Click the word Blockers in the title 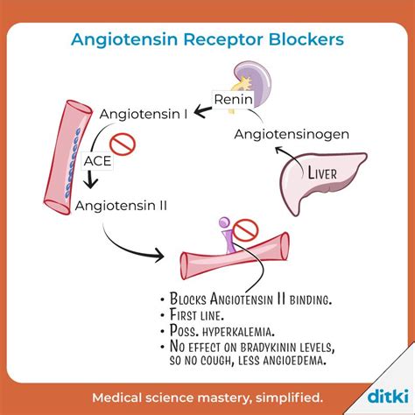coord(306,39)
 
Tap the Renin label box coord(233,100)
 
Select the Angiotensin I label coord(144,114)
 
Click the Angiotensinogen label coord(292,135)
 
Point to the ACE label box coord(97,161)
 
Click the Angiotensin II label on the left coord(121,206)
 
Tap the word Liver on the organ coord(322,172)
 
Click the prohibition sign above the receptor coord(246,230)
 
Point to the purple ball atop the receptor coord(225,222)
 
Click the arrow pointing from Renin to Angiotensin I coord(203,111)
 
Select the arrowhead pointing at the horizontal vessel coord(159,255)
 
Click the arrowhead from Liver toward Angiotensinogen coord(279,151)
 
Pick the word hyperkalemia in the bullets coord(238,332)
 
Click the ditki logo coord(388,396)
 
